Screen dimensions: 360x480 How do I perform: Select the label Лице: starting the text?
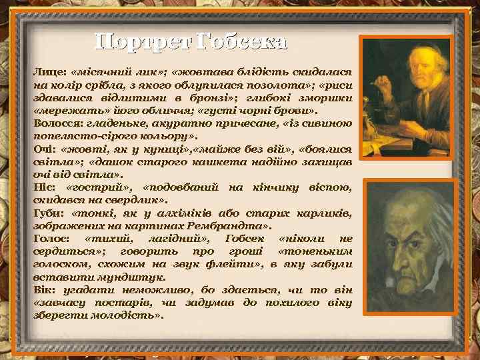49,71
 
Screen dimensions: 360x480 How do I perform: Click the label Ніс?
43,187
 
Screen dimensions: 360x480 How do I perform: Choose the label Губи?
48,213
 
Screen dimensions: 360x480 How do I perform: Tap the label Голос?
51,239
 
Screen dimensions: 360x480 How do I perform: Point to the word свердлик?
135,200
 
